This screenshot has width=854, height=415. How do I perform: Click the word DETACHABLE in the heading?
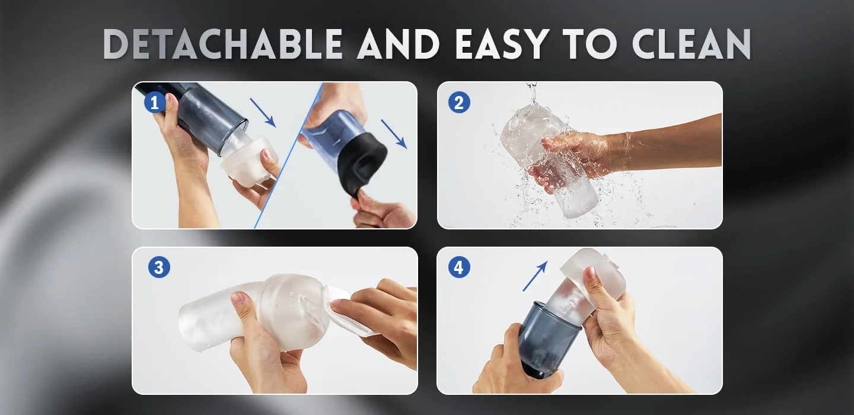[x=223, y=44]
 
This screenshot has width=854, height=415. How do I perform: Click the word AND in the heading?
[x=399, y=44]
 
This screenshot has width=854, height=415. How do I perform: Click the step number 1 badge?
[x=155, y=103]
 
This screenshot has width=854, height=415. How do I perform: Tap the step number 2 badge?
[x=459, y=103]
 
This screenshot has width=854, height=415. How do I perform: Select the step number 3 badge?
[x=159, y=267]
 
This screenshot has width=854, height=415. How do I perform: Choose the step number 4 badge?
[x=459, y=267]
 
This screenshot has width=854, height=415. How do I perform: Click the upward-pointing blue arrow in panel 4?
[x=536, y=276]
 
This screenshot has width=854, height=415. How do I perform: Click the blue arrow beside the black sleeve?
[x=394, y=134]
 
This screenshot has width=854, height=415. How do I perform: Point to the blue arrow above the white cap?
[x=263, y=113]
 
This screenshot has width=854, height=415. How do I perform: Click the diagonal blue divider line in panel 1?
[x=289, y=155]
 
